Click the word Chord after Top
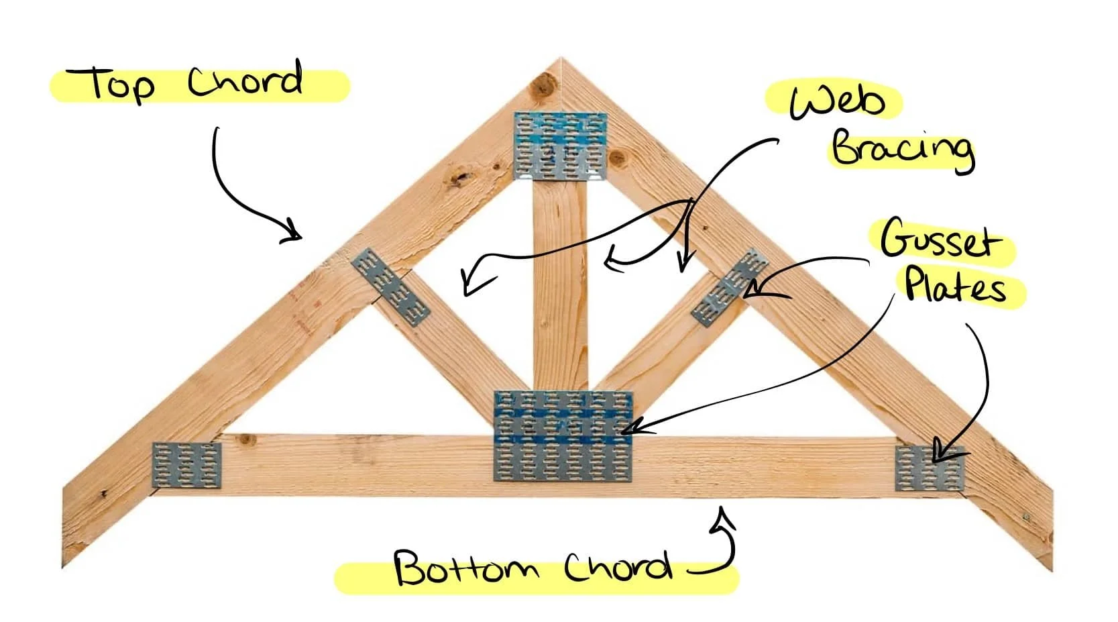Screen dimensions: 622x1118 tap(245, 81)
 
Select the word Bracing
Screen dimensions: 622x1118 tap(902, 149)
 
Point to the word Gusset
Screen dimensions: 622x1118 tap(938, 239)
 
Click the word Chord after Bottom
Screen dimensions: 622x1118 tap(617, 568)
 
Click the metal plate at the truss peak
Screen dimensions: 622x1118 tap(560, 146)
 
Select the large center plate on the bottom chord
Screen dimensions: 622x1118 tap(563, 436)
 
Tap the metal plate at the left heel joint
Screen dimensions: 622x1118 tap(186, 465)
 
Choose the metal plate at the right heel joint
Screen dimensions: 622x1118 tap(930, 468)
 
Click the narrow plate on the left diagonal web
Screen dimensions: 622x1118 tap(390, 287)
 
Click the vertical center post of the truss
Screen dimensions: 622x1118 tap(560, 282)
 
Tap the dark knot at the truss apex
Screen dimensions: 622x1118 tap(542, 87)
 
